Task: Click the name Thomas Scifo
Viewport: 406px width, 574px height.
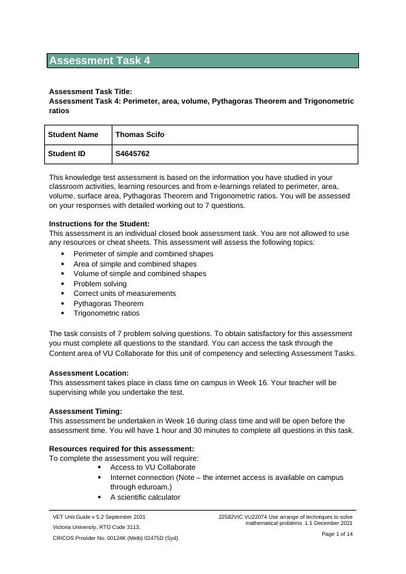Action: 140,135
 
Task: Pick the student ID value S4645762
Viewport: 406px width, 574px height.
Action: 132,154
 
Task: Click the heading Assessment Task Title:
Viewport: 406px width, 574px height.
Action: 91,91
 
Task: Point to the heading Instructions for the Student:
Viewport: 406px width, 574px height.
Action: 99,224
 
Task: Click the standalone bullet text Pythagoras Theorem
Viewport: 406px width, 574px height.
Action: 108,303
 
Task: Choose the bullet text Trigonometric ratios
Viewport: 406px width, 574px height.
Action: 106,314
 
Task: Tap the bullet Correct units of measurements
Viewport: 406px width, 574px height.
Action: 125,293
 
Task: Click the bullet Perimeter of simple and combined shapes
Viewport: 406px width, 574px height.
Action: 143,254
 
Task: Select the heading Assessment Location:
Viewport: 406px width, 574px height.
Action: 89,374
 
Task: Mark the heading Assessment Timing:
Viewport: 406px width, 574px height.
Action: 86,411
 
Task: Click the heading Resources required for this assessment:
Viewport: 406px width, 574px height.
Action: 121,449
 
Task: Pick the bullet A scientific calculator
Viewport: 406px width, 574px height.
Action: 145,497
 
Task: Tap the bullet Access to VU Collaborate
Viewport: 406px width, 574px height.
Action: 153,467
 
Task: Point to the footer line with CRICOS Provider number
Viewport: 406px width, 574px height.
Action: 115,539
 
